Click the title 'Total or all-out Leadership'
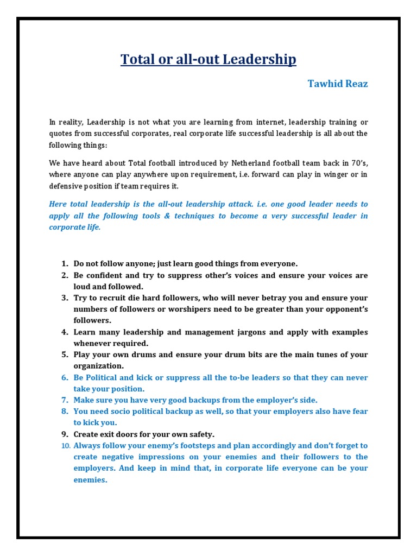point(208,59)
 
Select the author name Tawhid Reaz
point(338,84)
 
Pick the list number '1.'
point(64,264)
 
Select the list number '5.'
point(64,355)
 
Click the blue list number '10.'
point(65,446)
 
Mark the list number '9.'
point(64,434)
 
